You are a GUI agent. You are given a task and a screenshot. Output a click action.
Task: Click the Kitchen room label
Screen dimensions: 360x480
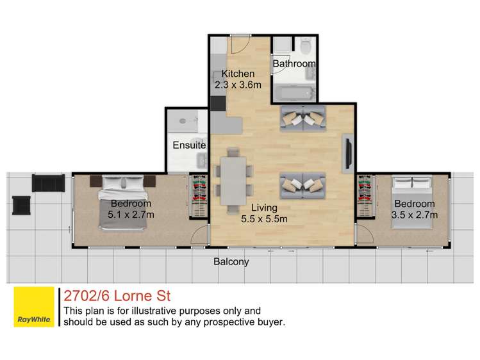pyautogui.click(x=238, y=74)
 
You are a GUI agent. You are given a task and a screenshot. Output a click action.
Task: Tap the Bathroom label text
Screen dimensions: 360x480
pyautogui.click(x=294, y=64)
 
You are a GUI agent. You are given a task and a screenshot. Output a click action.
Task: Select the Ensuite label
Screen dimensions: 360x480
pyautogui.click(x=189, y=145)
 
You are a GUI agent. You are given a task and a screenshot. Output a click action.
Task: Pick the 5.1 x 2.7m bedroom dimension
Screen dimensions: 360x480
pyautogui.click(x=131, y=215)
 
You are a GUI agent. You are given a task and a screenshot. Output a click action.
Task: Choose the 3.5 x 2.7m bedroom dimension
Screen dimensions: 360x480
pyautogui.click(x=414, y=215)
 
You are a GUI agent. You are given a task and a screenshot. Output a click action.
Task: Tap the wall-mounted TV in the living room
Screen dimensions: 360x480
pyautogui.click(x=347, y=153)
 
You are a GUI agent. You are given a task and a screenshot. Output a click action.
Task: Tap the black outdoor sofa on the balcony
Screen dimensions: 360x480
pyautogui.click(x=48, y=183)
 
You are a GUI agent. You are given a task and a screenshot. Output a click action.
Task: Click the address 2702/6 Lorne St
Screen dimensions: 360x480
pyautogui.click(x=117, y=296)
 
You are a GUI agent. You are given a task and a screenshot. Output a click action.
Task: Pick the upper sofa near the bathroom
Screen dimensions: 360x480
pyautogui.click(x=302, y=118)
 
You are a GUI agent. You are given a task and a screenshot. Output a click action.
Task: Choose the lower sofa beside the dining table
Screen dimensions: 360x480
pyautogui.click(x=302, y=185)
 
